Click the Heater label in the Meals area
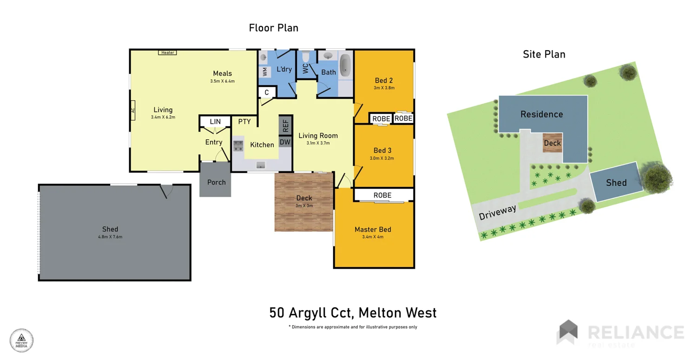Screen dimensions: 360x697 [167, 52]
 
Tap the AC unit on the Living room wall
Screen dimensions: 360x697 [132, 111]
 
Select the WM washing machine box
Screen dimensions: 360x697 [264, 72]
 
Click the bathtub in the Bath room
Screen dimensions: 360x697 [345, 65]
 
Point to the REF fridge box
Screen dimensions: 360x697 [285, 125]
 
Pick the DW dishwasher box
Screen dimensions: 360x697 [285, 142]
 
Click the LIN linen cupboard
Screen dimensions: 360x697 [215, 122]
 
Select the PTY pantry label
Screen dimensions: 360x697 [244, 122]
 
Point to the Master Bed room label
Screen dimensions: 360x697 [373, 229]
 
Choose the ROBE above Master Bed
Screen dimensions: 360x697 [382, 195]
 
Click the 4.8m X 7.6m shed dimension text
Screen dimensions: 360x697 [110, 237]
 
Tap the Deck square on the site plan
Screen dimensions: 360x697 [552, 143]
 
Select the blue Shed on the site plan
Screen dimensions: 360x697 [616, 183]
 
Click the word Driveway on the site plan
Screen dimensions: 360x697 [497, 213]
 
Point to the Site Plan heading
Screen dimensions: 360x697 [544, 54]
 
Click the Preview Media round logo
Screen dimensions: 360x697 [22, 340]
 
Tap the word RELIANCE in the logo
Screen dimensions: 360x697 [635, 333]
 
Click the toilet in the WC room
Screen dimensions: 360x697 [305, 58]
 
